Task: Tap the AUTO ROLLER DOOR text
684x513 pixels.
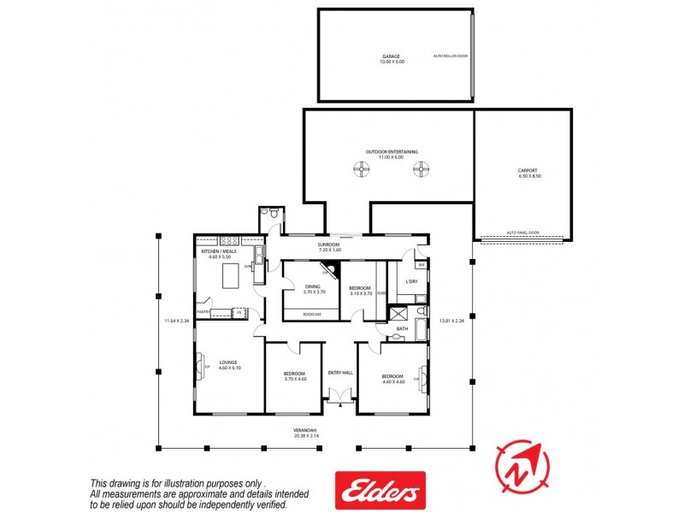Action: click(x=451, y=56)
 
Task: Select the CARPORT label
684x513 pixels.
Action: click(x=528, y=170)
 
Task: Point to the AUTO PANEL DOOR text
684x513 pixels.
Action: click(x=522, y=233)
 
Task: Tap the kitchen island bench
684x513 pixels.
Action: click(x=231, y=276)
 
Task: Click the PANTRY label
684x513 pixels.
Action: click(x=203, y=313)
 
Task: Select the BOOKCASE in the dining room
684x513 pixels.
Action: click(x=313, y=315)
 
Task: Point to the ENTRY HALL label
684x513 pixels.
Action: click(x=339, y=372)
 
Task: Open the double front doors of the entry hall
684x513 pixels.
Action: click(x=339, y=396)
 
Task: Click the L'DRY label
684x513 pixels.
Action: click(x=411, y=281)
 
